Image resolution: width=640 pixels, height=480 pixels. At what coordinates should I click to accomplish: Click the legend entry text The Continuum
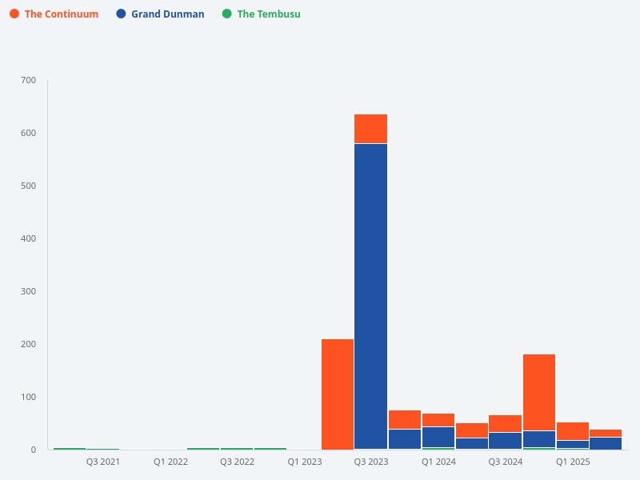tap(61, 14)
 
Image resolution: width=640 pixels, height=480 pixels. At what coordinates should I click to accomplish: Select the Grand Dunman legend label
tap(167, 14)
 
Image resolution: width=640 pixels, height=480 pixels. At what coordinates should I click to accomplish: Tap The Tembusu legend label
tap(269, 14)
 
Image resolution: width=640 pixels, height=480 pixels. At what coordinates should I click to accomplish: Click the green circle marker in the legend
tap(227, 14)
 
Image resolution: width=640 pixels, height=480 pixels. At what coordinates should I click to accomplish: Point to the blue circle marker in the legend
tap(121, 14)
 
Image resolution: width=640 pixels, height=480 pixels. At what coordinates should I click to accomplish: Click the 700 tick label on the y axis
tap(28, 80)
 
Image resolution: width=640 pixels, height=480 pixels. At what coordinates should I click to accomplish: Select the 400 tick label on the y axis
tap(28, 238)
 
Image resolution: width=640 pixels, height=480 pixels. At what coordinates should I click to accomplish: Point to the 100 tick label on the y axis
tap(28, 397)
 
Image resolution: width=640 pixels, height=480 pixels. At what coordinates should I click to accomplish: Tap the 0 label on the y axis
tap(33, 450)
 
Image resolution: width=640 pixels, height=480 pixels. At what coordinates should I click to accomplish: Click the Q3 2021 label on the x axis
tap(103, 462)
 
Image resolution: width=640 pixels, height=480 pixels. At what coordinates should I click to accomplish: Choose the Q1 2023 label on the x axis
tap(305, 462)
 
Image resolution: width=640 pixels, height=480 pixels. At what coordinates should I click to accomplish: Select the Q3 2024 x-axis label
tap(506, 462)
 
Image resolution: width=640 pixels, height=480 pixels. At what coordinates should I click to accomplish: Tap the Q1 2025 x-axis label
tap(573, 462)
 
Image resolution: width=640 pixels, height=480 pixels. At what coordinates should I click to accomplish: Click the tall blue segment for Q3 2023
tap(371, 296)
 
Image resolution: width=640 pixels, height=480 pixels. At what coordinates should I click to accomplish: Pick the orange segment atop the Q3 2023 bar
tap(371, 129)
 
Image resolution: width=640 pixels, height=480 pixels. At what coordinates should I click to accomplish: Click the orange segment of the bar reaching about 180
tap(539, 392)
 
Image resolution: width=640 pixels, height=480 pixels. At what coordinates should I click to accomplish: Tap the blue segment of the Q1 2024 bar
tap(438, 437)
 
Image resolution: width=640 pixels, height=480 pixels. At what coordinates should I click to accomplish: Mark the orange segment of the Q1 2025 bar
tap(573, 431)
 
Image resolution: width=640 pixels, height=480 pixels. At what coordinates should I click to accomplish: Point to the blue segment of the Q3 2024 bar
tap(506, 441)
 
